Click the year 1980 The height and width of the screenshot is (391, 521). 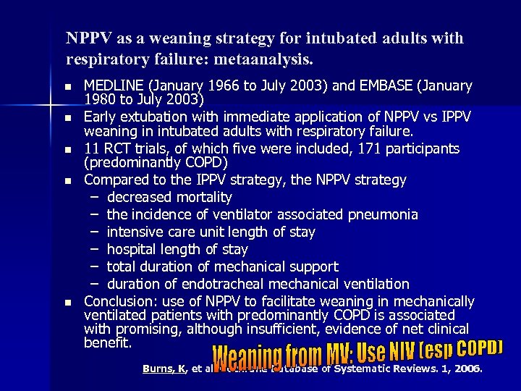101,100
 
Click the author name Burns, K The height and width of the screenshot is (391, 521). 166,369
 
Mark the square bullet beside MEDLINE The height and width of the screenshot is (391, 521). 67,87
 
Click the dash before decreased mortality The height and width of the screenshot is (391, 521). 95,197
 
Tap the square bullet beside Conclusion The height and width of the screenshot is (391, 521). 67,302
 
